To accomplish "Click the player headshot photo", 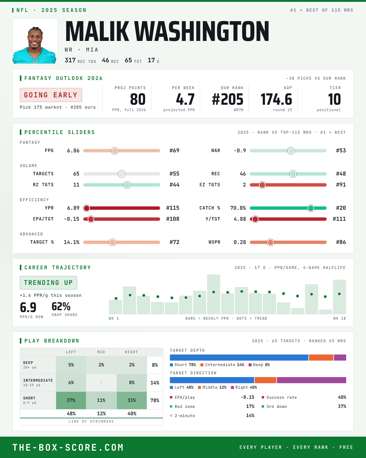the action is (x=35, y=41).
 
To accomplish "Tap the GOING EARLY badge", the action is (x=51, y=95).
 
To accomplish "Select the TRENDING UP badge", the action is (x=48, y=283).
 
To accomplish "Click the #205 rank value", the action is (x=228, y=100).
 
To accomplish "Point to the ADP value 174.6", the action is (x=276, y=100).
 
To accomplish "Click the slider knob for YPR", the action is (x=87, y=208).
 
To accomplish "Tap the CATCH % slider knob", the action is (x=311, y=208).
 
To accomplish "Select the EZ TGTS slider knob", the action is (x=262, y=185).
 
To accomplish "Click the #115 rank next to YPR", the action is (x=173, y=208).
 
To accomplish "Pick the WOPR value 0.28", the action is (x=240, y=242).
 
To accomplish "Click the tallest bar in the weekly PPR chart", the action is (x=213, y=294).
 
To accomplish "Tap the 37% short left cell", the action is (x=71, y=400).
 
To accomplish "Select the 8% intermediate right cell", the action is (x=132, y=383).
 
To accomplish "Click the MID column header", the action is (x=101, y=352).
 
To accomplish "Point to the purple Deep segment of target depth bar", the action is (x=340, y=358).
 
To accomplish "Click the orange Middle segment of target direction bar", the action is (x=265, y=380).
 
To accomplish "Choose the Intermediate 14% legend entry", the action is (x=222, y=365).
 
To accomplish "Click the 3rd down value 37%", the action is (x=342, y=406).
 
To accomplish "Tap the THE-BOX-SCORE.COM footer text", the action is (x=68, y=447).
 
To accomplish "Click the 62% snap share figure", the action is (x=61, y=307).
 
